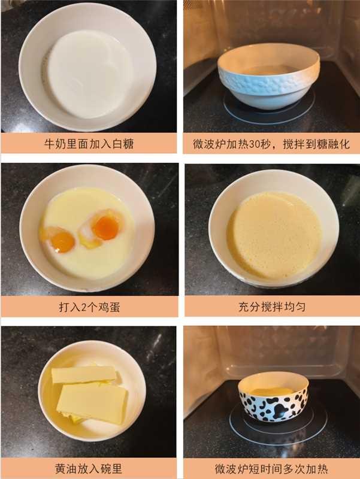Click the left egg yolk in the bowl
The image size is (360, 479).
click(62, 242)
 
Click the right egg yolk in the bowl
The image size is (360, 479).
click(106, 228)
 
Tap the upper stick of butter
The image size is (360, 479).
click(83, 375)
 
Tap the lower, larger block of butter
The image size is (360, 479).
click(92, 402)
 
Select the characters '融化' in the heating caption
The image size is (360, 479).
click(338, 144)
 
